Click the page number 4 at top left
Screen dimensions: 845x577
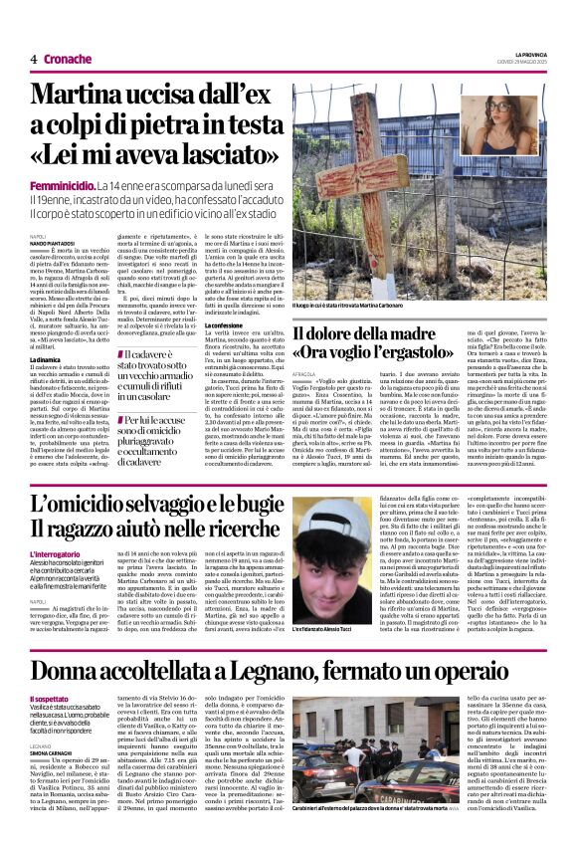34,59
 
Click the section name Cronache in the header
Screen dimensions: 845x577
68,59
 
